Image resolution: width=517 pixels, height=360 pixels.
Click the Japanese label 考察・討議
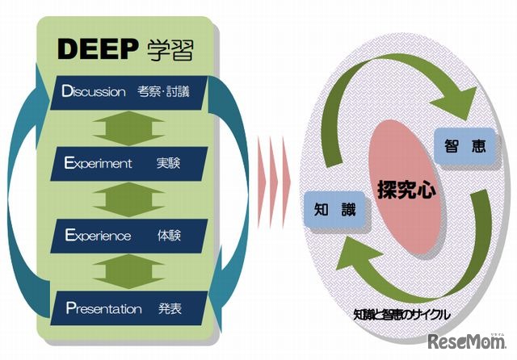click(173, 92)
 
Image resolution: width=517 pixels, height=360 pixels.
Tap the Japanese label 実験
click(169, 164)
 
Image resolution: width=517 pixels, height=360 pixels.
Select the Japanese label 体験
click(169, 236)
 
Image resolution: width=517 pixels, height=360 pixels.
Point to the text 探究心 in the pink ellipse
click(406, 190)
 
